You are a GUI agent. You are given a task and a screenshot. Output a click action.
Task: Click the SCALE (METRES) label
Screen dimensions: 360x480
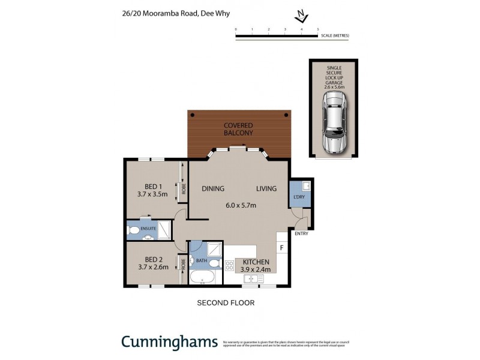[x=335, y=36]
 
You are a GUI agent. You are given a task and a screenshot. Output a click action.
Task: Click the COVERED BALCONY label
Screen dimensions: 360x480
[x=239, y=129]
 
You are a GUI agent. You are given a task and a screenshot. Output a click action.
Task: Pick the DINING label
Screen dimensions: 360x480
[x=213, y=189]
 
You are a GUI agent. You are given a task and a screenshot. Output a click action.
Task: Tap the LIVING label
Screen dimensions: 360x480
[x=266, y=189]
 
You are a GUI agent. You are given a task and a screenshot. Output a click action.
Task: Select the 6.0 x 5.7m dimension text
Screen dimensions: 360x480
[x=241, y=206]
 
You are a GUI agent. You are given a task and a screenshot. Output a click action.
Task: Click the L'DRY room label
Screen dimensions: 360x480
[x=298, y=198]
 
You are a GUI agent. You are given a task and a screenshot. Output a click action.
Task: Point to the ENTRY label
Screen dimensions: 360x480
[x=301, y=234]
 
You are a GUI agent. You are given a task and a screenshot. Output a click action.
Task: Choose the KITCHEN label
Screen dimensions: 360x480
[x=256, y=263]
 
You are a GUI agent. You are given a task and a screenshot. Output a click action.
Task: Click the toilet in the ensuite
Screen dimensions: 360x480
[x=133, y=230]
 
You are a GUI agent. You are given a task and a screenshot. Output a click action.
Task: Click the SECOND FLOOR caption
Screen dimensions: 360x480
[x=226, y=303]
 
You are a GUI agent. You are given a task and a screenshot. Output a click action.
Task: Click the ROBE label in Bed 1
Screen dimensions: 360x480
[x=184, y=190]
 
